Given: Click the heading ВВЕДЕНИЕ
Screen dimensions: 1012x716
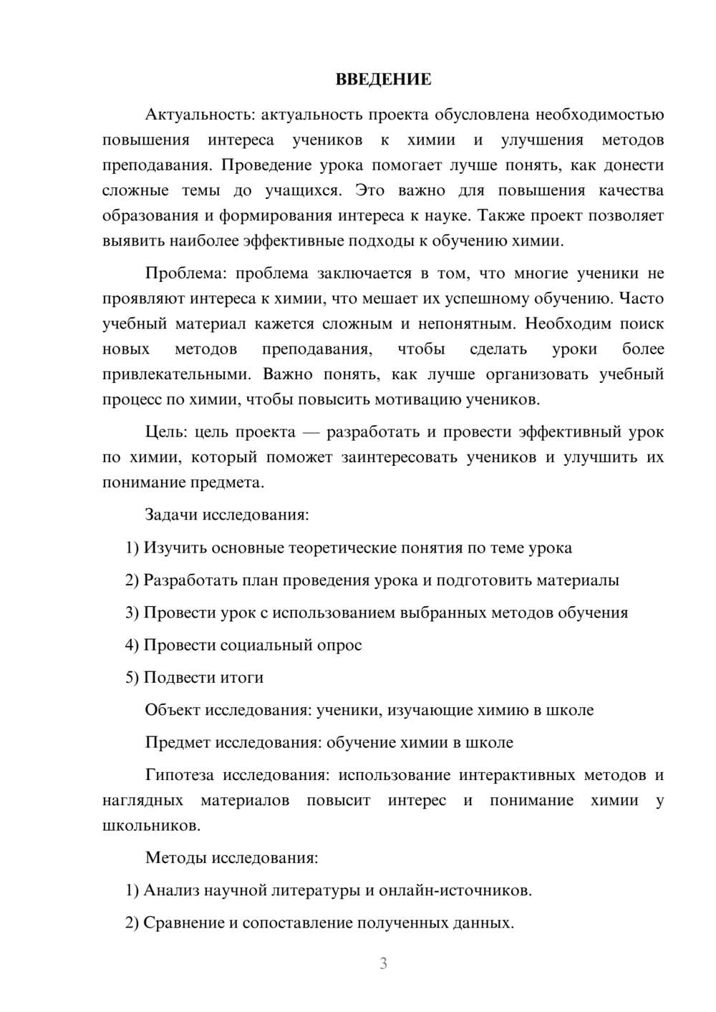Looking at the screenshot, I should point(383,79).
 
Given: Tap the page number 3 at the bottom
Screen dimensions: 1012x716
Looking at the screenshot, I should point(383,963).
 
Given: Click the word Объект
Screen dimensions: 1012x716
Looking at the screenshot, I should point(173,710).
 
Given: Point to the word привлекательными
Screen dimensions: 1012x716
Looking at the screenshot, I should point(177,374).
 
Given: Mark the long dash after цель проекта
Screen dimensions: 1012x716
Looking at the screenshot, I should point(311,432).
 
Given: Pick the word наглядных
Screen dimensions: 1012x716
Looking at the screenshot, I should point(142,800).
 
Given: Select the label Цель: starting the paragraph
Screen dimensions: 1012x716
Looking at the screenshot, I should point(166,432).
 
